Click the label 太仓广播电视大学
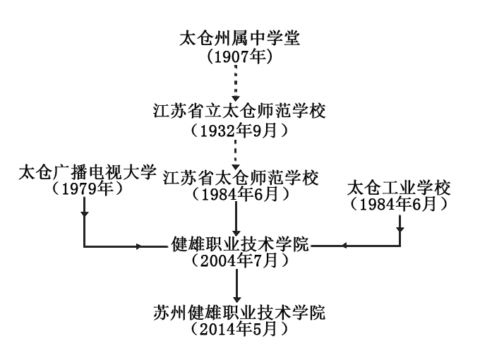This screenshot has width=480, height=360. point(87,172)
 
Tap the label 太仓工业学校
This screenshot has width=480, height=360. point(399,188)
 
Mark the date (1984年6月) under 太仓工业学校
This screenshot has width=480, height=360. point(399,204)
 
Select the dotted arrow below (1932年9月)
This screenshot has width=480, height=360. point(239,151)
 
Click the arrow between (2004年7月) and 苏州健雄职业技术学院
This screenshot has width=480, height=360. point(239,285)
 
